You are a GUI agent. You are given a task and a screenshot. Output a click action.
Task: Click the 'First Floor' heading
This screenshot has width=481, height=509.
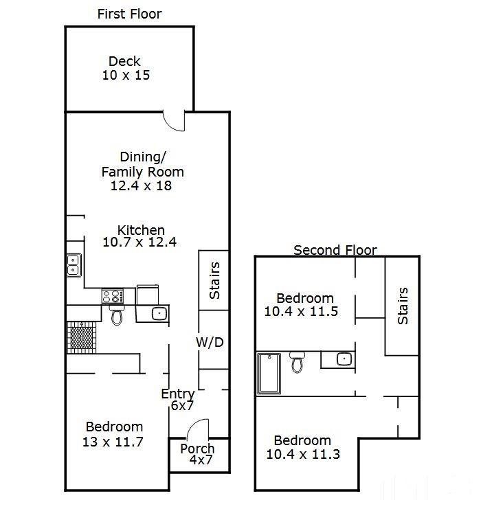click(129, 14)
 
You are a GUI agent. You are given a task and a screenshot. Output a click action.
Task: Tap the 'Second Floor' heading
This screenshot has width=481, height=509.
click(335, 250)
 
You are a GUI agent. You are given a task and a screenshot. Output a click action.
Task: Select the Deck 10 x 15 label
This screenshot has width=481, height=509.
click(125, 68)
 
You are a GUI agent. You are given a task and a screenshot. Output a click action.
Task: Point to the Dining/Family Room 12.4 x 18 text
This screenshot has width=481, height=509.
click(142, 171)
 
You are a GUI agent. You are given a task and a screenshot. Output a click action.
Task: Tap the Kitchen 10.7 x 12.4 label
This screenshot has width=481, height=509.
click(140, 236)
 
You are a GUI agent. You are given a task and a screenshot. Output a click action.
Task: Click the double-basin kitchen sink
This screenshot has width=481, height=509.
click(74, 264)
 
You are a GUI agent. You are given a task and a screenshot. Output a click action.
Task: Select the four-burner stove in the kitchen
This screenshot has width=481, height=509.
click(113, 297)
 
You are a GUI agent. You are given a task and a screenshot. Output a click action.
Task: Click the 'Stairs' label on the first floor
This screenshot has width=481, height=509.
click(214, 280)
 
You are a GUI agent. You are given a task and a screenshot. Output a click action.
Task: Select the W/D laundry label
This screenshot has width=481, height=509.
click(210, 342)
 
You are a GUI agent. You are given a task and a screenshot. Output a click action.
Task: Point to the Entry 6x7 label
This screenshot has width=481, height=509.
click(177, 400)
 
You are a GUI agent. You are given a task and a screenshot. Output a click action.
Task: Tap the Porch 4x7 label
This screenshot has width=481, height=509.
click(197, 455)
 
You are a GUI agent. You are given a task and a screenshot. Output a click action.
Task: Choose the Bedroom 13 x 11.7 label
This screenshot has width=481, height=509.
click(113, 434)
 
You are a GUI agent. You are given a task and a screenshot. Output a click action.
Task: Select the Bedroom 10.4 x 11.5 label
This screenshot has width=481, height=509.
click(304, 304)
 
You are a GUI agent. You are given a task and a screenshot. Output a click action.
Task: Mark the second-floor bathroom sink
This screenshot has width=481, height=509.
click(344, 359)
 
